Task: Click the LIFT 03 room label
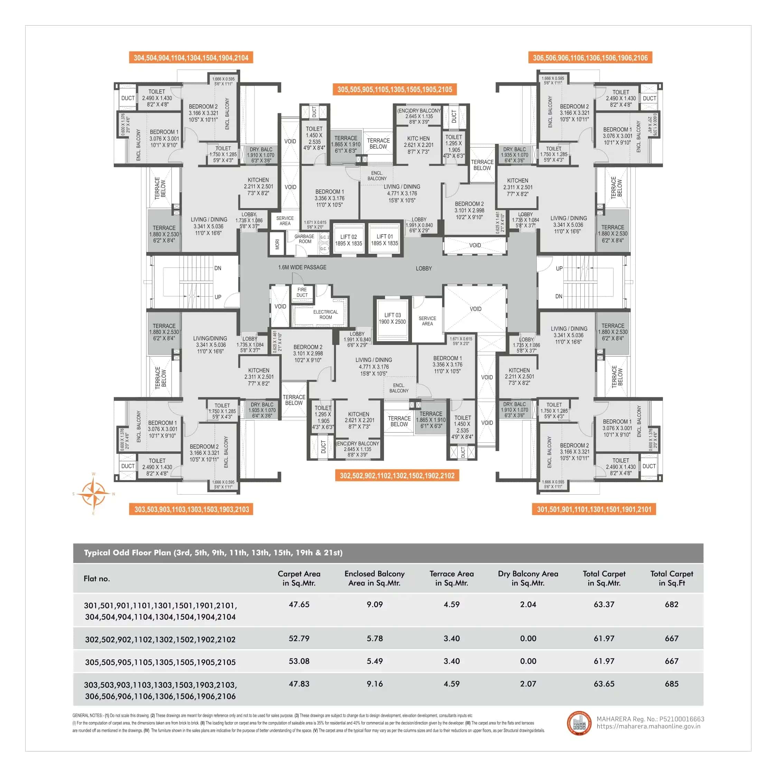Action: pyautogui.click(x=392, y=318)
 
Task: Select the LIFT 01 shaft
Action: pyautogui.click(x=384, y=240)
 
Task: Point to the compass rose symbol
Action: pyautogui.click(x=93, y=494)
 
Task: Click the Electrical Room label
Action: pyautogui.click(x=325, y=315)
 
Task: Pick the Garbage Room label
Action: pyautogui.click(x=305, y=239)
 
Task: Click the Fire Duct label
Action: pyautogui.click(x=302, y=292)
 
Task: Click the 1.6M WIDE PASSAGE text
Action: pyautogui.click(x=302, y=268)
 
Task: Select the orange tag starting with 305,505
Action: pyautogui.click(x=394, y=89)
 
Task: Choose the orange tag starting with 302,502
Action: pyautogui.click(x=397, y=476)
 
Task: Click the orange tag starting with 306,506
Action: pyautogui.click(x=590, y=57)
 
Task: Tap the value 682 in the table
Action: pyautogui.click(x=671, y=605)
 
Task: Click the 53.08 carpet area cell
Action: pyautogui.click(x=299, y=661)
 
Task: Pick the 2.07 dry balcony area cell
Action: pyautogui.click(x=528, y=684)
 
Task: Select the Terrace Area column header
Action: pyautogui.click(x=451, y=578)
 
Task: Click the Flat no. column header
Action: pyautogui.click(x=96, y=579)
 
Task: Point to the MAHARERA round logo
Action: pyautogui.click(x=579, y=723)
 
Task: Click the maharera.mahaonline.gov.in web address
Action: pyautogui.click(x=648, y=726)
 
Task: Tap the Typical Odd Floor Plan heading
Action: pyautogui.click(x=213, y=553)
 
